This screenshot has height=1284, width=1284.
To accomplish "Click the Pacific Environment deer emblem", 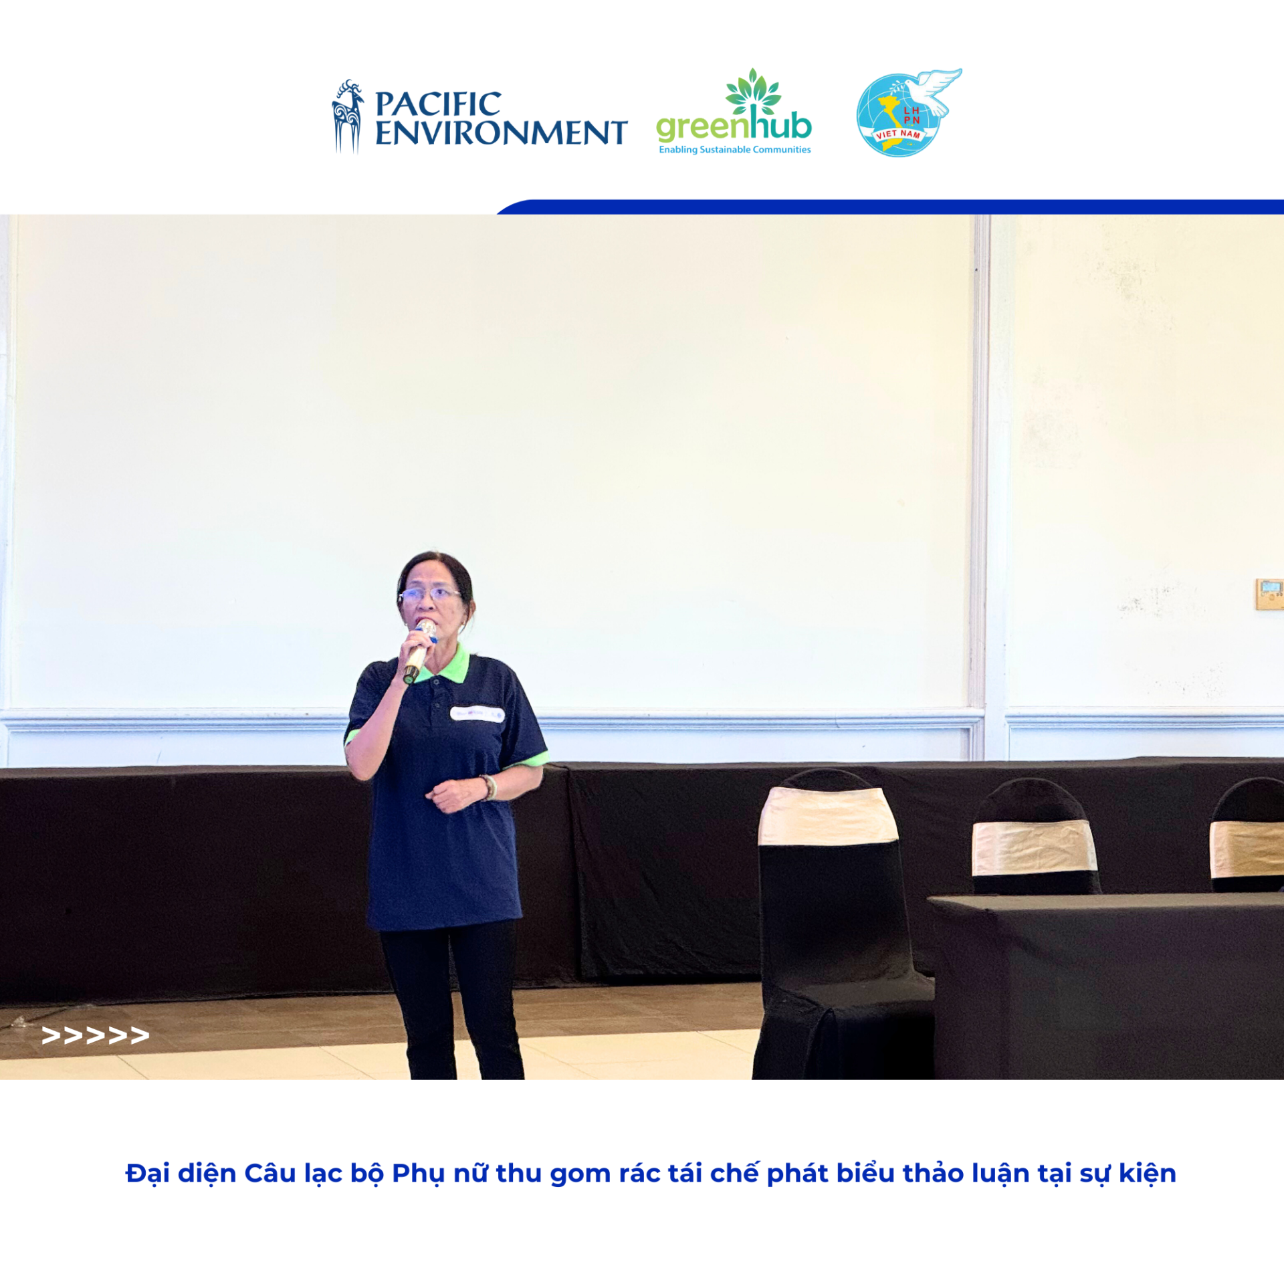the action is coord(348,117).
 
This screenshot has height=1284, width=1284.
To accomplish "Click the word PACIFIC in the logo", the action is coord(438,104).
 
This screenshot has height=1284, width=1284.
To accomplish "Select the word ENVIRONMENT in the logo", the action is coord(501,132).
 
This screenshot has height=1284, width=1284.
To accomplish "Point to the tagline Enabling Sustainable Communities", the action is coord(734,150).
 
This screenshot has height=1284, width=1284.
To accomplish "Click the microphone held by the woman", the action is coord(419,651).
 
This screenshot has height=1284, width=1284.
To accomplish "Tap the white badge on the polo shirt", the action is coord(477,714).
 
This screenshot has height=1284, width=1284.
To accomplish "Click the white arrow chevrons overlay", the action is coord(95,1035).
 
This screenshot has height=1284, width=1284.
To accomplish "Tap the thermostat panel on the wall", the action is coord(1269,595).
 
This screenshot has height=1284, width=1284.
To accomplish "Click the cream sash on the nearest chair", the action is coord(828,815).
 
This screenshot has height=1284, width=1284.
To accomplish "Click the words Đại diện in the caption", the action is coord(181,1174).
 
